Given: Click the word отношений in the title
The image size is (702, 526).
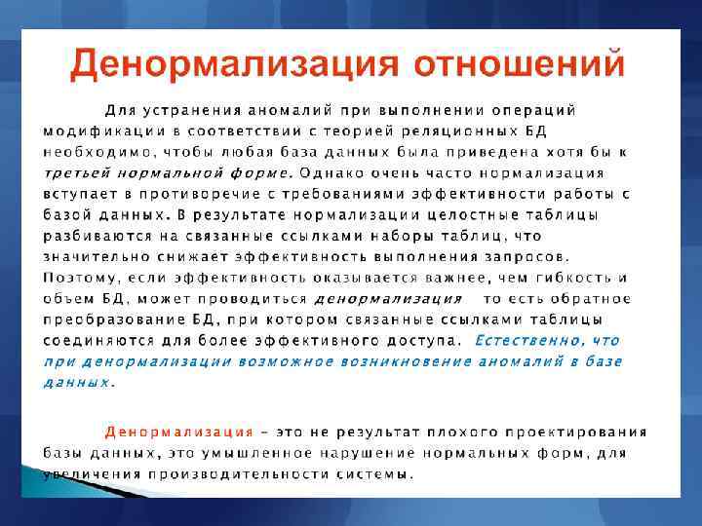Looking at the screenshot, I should [520, 63].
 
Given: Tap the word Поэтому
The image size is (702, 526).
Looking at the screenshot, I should [80, 278].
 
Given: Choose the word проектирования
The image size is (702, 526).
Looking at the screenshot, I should [586, 432].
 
